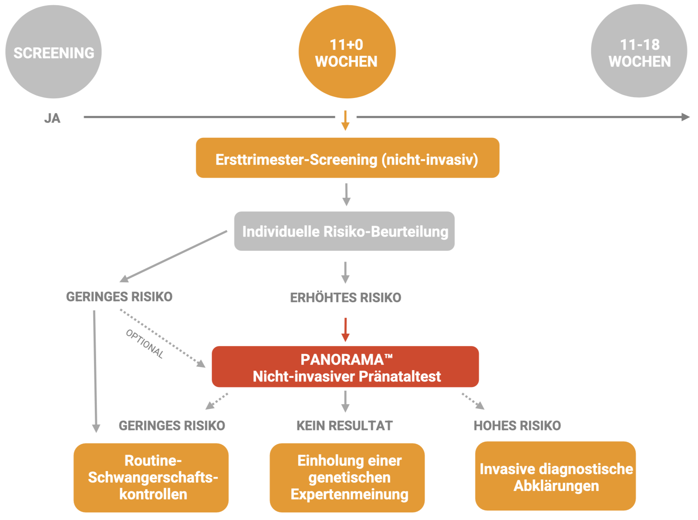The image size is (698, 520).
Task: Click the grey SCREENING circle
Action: click(x=53, y=52)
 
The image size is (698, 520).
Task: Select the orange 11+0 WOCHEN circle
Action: click(x=347, y=52)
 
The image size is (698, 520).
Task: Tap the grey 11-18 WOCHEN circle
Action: click(x=639, y=51)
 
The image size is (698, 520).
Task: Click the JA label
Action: click(x=52, y=118)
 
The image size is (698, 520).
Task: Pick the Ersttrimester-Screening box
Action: click(x=347, y=158)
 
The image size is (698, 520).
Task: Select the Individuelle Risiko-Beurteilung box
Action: click(x=344, y=231)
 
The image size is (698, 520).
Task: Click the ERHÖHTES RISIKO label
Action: click(x=345, y=297)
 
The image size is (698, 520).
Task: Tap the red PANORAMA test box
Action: click(x=345, y=367)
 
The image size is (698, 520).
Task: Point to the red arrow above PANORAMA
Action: click(x=345, y=329)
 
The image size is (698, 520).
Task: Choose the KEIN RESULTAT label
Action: click(x=344, y=426)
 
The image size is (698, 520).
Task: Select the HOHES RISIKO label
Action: click(x=517, y=426)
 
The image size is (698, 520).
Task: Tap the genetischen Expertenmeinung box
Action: click(x=347, y=477)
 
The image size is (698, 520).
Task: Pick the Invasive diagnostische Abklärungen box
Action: click(x=555, y=476)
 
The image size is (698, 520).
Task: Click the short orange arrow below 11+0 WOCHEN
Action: click(x=345, y=120)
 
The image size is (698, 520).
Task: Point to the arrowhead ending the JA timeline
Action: click(x=685, y=117)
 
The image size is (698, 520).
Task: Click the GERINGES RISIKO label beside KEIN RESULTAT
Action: click(x=172, y=426)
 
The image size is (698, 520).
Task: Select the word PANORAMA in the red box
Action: click(x=342, y=360)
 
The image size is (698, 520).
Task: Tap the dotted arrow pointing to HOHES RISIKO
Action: click(x=474, y=401)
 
